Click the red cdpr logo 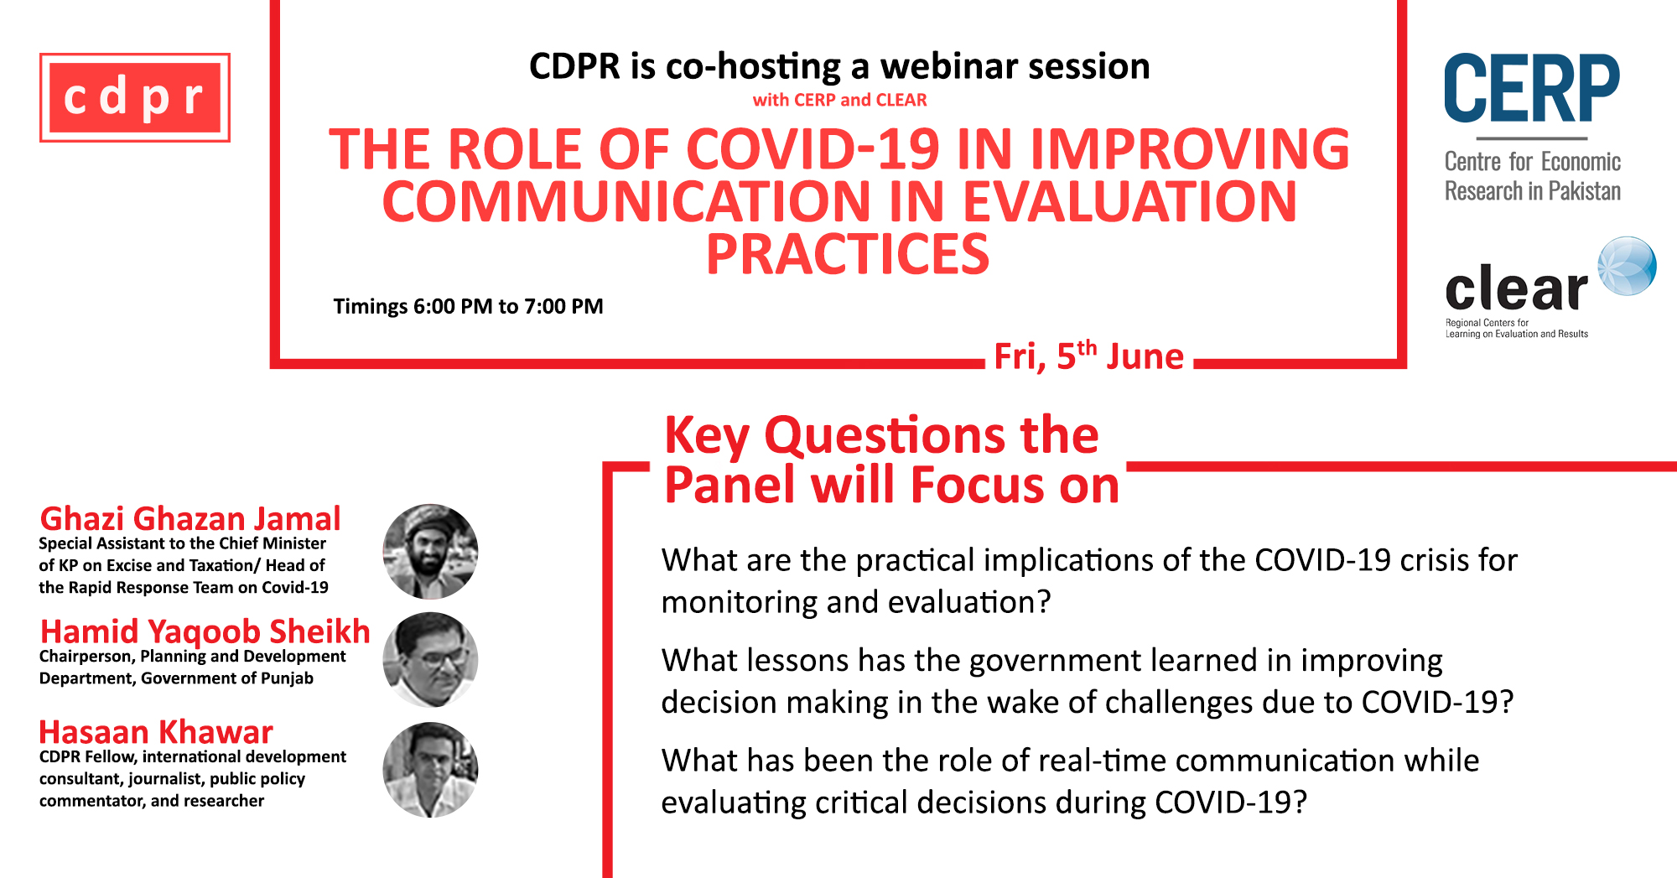tap(135, 97)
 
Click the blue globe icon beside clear tap(1627, 266)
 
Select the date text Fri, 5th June tap(1088, 356)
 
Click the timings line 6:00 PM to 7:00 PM tap(468, 306)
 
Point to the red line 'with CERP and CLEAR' tap(839, 100)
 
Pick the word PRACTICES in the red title tap(848, 254)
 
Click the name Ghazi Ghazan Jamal tap(190, 518)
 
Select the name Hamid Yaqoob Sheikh tap(205, 631)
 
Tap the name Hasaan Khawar tap(156, 732)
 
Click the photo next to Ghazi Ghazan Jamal tap(430, 552)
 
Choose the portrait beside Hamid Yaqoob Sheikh tap(430, 660)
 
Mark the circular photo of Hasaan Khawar tap(430, 770)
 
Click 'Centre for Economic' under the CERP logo tap(1533, 161)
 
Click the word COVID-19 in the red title tap(813, 149)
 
